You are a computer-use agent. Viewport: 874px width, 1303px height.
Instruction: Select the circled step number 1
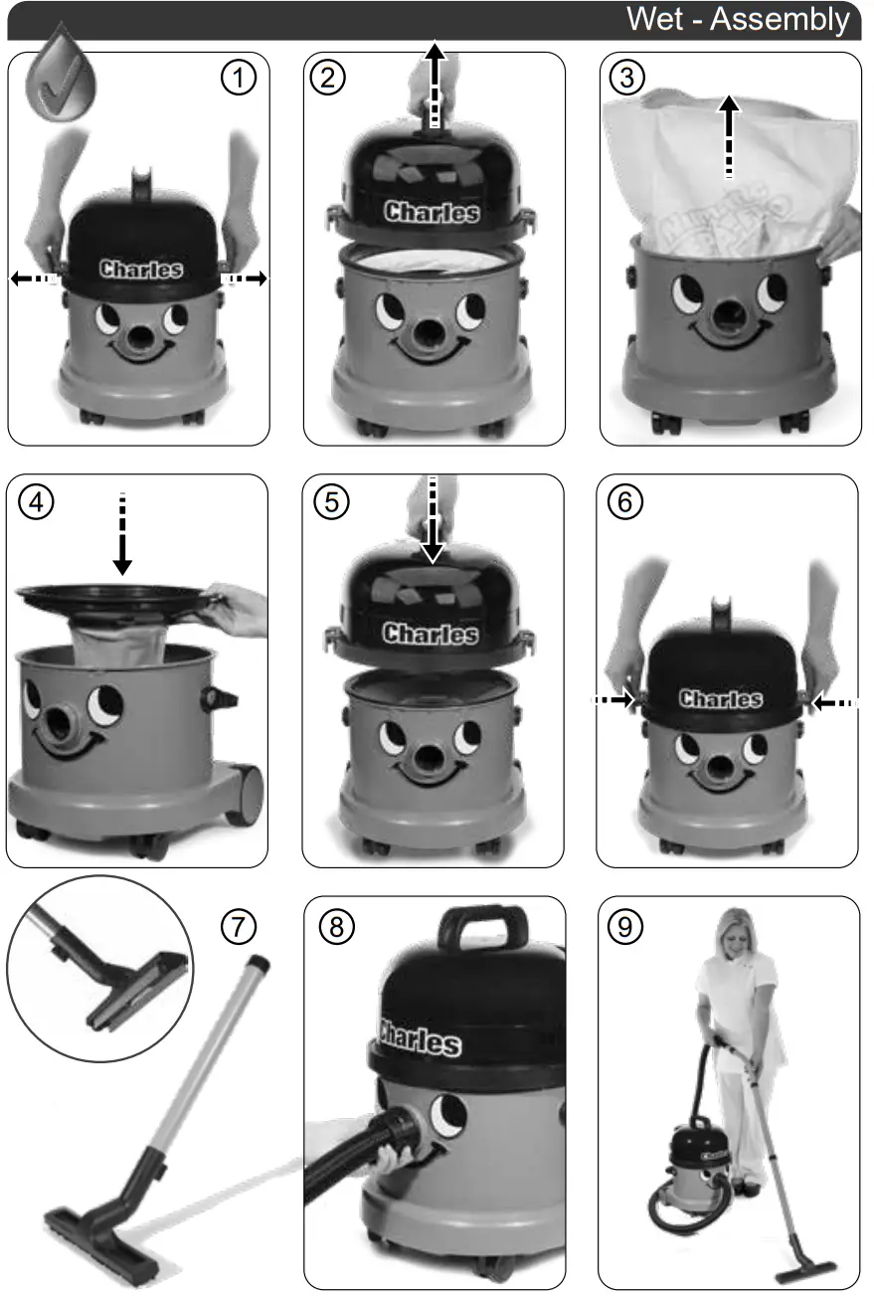tap(238, 79)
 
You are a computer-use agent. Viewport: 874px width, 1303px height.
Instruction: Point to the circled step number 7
tap(238, 926)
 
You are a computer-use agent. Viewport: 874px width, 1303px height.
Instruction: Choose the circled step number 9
tap(625, 926)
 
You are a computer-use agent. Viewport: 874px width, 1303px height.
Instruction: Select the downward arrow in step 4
tap(122, 537)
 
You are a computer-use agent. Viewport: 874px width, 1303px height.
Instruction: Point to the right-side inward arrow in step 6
tap(831, 702)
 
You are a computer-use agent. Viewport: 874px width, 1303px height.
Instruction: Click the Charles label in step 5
tap(431, 634)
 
